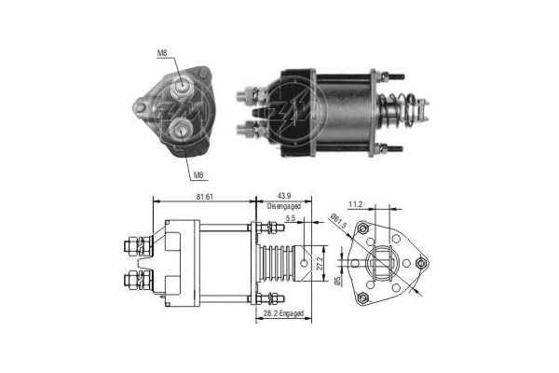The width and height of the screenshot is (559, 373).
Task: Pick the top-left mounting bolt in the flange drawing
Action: click(x=363, y=229)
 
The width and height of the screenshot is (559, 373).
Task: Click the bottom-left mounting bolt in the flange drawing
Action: click(x=363, y=298)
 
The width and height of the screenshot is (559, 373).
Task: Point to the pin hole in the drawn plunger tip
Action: click(x=306, y=265)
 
